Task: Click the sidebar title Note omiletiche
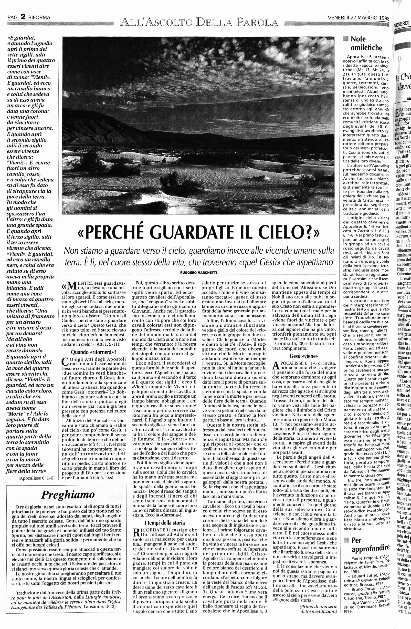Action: pos(366,43)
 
